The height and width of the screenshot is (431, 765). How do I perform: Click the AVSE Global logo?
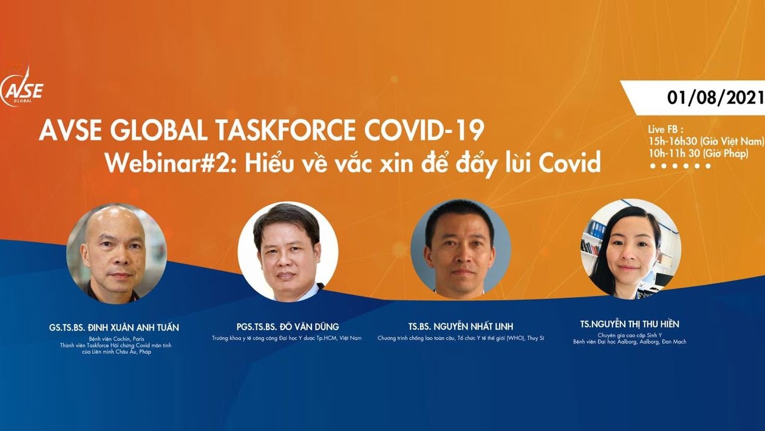pyautogui.click(x=23, y=89)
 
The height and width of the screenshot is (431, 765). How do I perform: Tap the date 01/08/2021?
pyautogui.click(x=707, y=98)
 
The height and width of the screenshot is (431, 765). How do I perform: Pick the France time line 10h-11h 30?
pyautogui.click(x=698, y=153)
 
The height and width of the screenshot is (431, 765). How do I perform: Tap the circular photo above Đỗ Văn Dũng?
pyautogui.click(x=288, y=251)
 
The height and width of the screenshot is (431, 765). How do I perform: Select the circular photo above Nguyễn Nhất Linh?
pyautogui.click(x=460, y=249)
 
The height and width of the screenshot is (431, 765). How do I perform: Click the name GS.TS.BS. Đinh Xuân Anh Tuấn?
pyautogui.click(x=114, y=327)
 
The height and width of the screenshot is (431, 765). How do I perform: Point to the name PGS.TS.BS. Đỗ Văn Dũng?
pyautogui.click(x=287, y=326)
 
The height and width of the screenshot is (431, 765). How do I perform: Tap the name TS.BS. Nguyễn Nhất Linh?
pyautogui.click(x=460, y=326)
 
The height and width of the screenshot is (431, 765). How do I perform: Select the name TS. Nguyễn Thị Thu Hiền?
pyautogui.click(x=630, y=324)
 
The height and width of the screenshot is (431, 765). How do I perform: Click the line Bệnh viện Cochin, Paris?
pyautogui.click(x=116, y=339)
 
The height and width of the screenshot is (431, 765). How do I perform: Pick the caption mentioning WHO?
pyautogui.click(x=460, y=338)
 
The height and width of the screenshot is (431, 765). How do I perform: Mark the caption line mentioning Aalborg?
pyautogui.click(x=630, y=342)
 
